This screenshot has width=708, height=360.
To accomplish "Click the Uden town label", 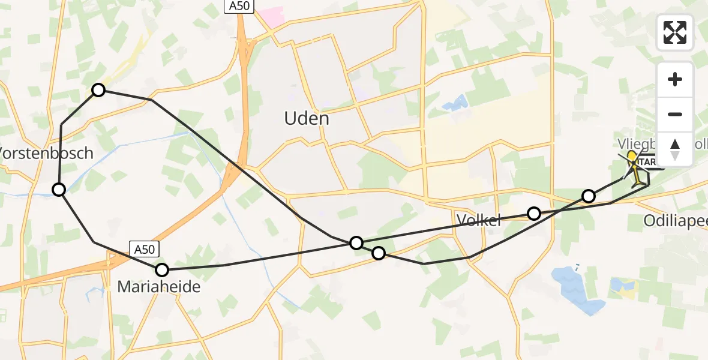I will tap(306, 119).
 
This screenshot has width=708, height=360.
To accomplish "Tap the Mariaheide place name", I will tap(158, 288).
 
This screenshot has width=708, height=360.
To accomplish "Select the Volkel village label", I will tap(478, 221).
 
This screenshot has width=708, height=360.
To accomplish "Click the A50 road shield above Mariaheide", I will tap(145, 249).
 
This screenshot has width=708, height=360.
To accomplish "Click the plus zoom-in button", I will tap(675, 79).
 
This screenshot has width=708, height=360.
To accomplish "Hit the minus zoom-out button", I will tap(675, 114).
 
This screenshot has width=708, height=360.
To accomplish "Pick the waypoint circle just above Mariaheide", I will tap(162, 270).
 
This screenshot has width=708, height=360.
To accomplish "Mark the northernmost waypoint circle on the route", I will tap(98, 90).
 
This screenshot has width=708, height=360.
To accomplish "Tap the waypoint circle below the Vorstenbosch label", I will tap(59, 190).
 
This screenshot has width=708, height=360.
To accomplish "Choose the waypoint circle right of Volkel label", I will tap(533, 213).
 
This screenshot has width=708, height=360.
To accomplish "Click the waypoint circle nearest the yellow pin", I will tap(589, 196).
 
